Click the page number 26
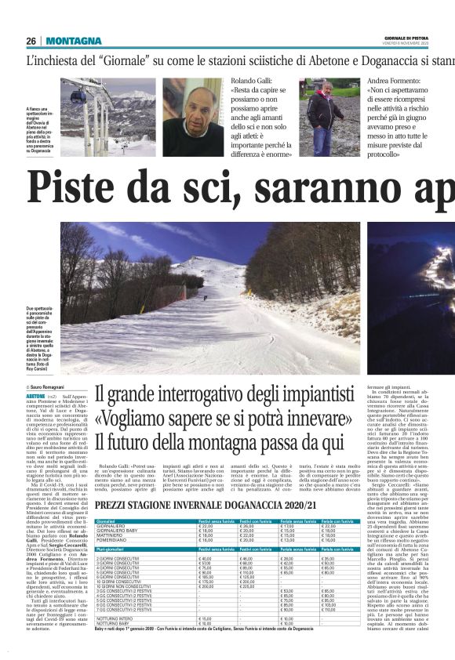31,41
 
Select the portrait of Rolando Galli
193,118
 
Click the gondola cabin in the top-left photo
78,96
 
